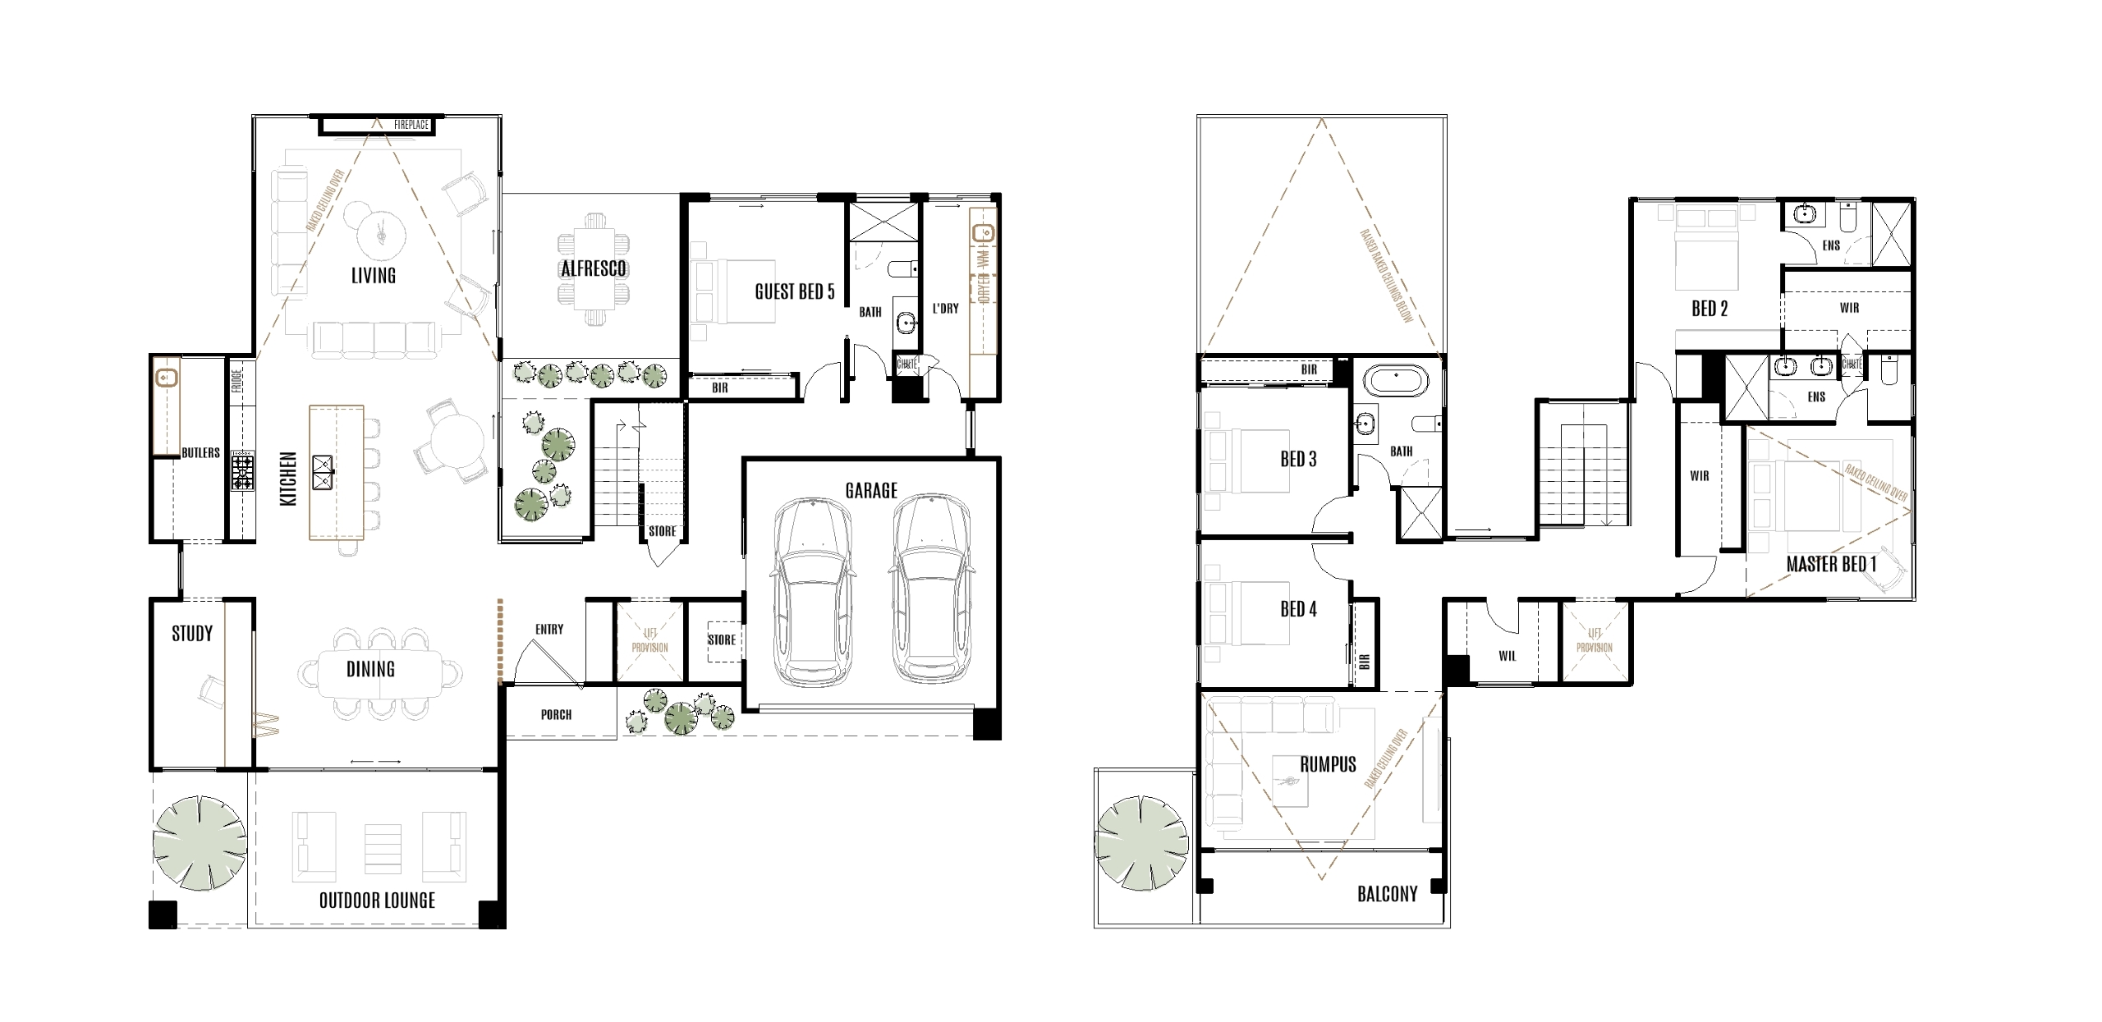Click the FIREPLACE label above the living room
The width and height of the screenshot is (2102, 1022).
[411, 125]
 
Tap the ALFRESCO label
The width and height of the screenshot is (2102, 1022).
[593, 268]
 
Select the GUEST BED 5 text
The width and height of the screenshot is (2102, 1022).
[794, 291]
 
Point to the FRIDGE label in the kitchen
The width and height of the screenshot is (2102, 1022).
[236, 381]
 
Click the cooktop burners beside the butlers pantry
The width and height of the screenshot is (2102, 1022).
[243, 470]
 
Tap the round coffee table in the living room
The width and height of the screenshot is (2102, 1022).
[379, 233]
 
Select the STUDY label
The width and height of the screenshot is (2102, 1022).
[192, 633]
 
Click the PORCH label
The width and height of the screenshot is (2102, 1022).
[556, 714]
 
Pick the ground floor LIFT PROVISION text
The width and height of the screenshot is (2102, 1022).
[649, 640]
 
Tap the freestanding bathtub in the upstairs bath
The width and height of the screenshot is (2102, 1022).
[1396, 383]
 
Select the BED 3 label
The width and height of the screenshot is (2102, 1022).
[1298, 459]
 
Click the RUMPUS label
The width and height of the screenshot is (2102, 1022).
[1328, 764]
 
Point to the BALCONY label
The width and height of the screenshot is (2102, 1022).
[1387, 894]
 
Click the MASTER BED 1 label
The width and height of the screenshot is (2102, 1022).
[1831, 564]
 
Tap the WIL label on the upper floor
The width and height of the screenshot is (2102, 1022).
[1507, 656]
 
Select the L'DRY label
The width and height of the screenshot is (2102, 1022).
[945, 309]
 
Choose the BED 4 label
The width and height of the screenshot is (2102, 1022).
[1298, 609]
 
